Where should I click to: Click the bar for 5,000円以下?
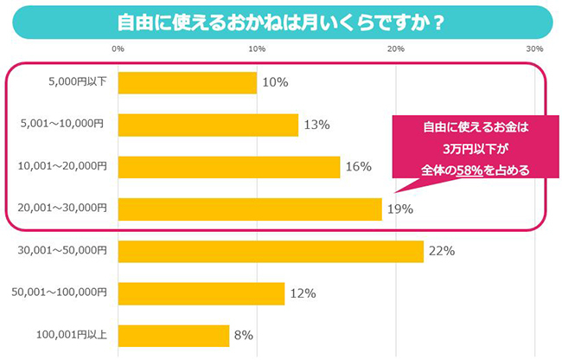click(187, 82)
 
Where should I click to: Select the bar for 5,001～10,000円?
click(208, 125)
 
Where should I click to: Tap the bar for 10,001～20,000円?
click(228, 166)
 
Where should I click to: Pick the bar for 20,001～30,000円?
click(249, 209)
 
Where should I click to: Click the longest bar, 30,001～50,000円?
click(270, 251)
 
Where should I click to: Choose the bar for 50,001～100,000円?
click(201, 293)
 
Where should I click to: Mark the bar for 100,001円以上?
click(173, 335)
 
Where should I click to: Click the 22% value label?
click(442, 251)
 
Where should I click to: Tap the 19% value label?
click(399, 209)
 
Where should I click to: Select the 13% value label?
click(316, 125)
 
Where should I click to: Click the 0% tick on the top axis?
click(118, 48)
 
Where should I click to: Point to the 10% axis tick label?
click(257, 48)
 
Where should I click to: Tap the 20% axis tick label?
click(396, 48)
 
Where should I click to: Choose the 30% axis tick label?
click(534, 48)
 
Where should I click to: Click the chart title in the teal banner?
click(281, 21)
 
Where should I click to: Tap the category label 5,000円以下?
click(78, 82)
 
